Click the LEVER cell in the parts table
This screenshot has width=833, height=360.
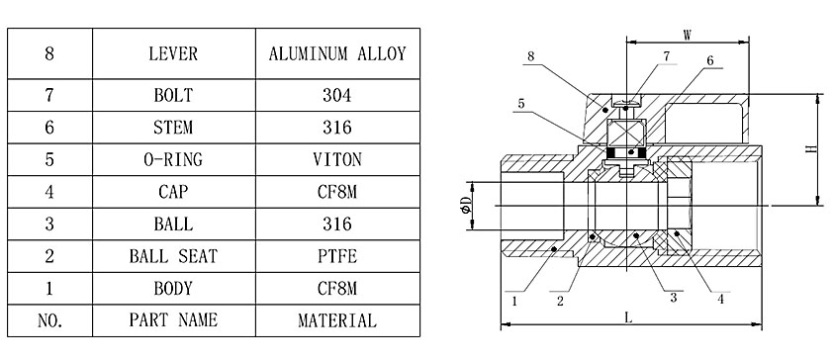(x=174, y=53)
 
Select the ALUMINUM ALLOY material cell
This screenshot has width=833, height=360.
(x=337, y=53)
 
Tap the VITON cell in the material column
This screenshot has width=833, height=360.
(x=337, y=159)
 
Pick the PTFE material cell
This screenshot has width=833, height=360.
(x=337, y=256)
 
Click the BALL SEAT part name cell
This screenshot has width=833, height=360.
(x=174, y=256)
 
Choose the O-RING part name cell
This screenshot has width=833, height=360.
(x=174, y=159)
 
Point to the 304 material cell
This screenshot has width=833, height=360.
(x=337, y=95)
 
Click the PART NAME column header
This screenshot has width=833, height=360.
(x=174, y=320)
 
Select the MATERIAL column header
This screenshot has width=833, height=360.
(x=337, y=320)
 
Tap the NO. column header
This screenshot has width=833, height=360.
(x=49, y=320)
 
